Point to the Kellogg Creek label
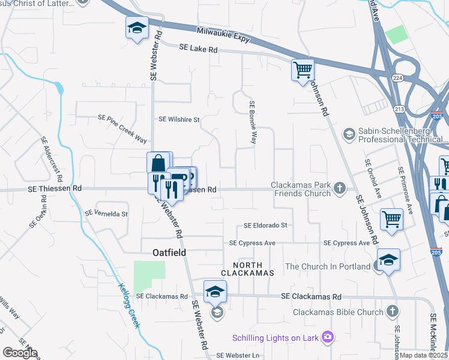pos(128,305)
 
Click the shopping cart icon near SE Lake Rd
pos(303,70)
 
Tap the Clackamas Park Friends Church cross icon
pos(340,188)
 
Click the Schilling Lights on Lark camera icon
pos(327,338)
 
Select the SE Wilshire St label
pos(179,119)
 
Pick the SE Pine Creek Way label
pos(122,130)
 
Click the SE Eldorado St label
pos(265,226)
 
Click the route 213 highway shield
pos(400,109)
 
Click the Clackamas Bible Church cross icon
pos(392,311)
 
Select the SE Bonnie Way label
pos(253,122)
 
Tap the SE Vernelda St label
pos(106,214)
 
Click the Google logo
pos(20,353)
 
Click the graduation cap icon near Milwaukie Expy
pos(137,28)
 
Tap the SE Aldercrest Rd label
pos(52,159)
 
